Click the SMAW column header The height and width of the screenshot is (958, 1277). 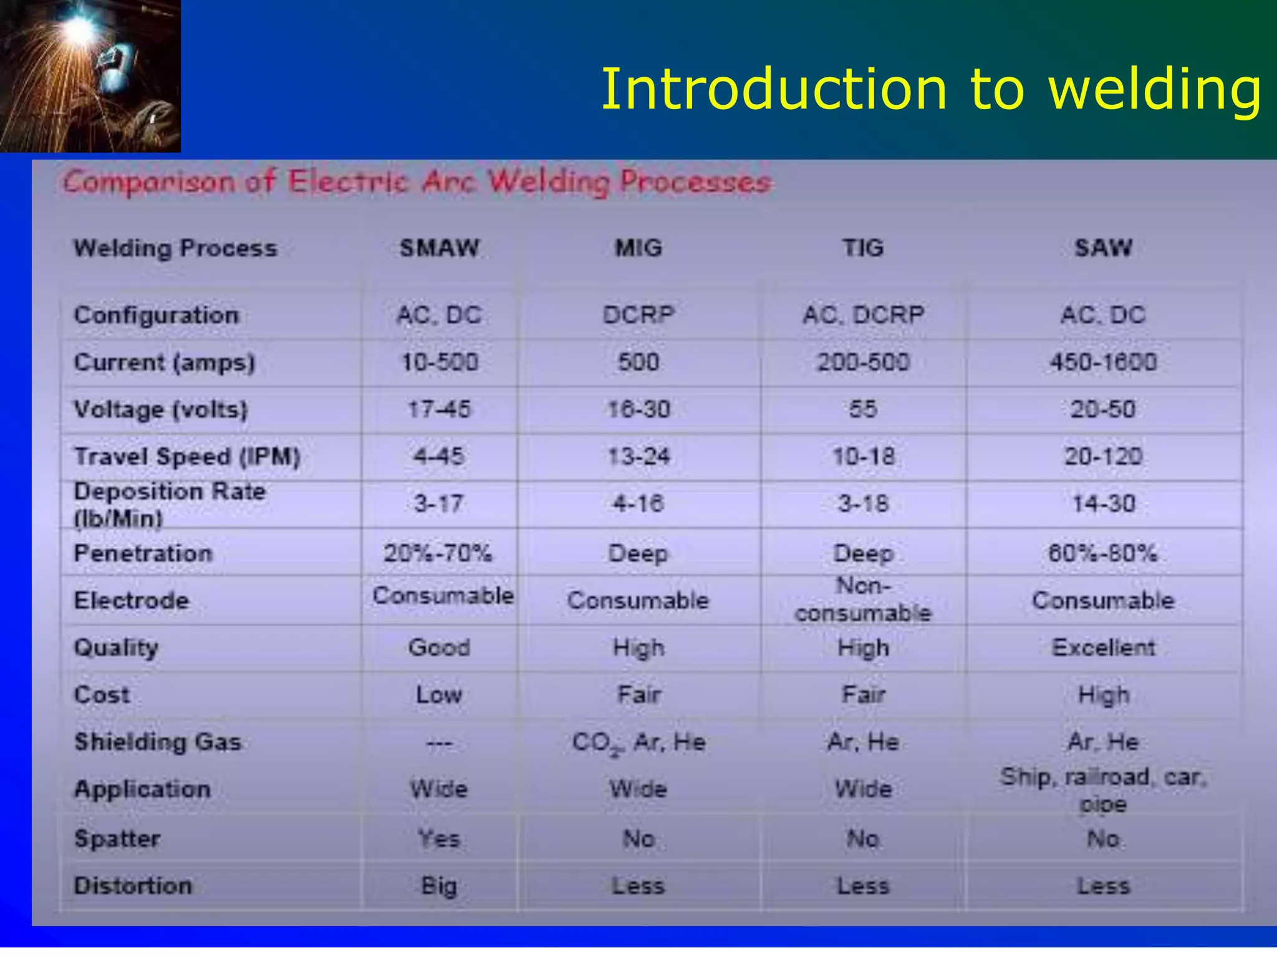pyautogui.click(x=440, y=248)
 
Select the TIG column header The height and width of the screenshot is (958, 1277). pyautogui.click(x=864, y=248)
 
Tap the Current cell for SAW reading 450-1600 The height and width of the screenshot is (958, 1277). pyautogui.click(x=1103, y=362)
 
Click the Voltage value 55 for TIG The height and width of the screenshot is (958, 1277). pyautogui.click(x=864, y=410)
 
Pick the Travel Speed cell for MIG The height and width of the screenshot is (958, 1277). pyautogui.click(x=638, y=457)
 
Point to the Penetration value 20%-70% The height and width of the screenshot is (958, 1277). pyautogui.click(x=438, y=553)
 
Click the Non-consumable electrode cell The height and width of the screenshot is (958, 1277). pyautogui.click(x=864, y=600)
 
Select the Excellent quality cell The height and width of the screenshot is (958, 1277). pyautogui.click(x=1103, y=648)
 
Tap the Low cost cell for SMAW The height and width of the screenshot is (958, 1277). pyautogui.click(x=439, y=695)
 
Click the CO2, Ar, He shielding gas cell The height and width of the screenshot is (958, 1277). pyautogui.click(x=638, y=742)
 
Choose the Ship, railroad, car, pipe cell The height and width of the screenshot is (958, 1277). pyautogui.click(x=1103, y=790)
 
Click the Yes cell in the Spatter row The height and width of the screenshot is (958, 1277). pyautogui.click(x=439, y=839)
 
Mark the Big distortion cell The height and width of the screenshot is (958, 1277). pyautogui.click(x=439, y=886)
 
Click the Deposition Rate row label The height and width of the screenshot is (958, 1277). pyautogui.click(x=170, y=505)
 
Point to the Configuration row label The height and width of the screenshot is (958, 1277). pyautogui.click(x=157, y=316)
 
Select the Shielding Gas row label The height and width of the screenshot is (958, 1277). pyautogui.click(x=158, y=742)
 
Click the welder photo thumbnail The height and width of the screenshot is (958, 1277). pyautogui.click(x=90, y=76)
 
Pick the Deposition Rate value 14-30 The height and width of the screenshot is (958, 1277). pyautogui.click(x=1103, y=504)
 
